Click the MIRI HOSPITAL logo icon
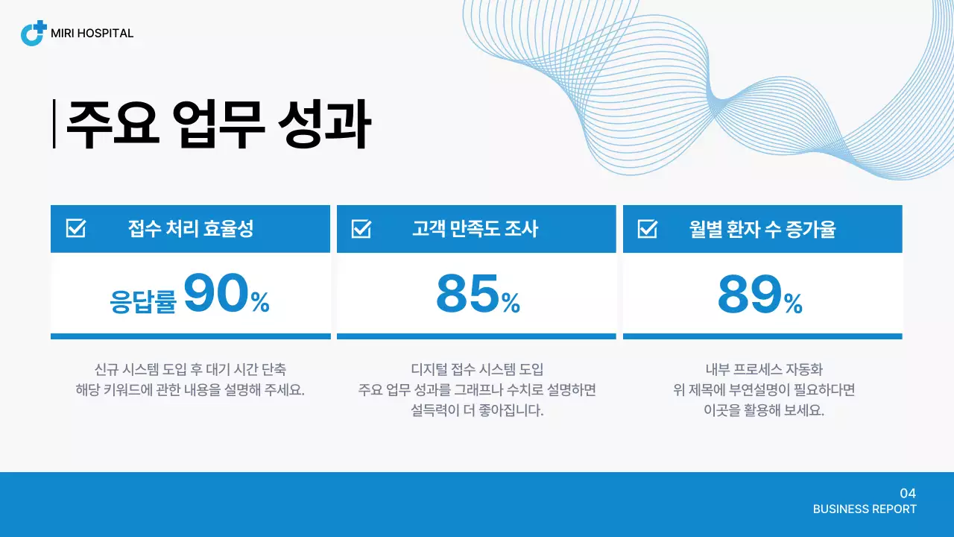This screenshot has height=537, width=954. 34,34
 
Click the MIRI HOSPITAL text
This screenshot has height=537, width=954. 92,34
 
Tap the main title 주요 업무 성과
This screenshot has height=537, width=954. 218,124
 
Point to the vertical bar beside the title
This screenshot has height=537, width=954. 54,124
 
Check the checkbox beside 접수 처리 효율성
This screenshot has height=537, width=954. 76,228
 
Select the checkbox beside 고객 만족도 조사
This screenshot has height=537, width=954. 361,228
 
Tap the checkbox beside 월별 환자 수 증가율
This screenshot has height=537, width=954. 648,228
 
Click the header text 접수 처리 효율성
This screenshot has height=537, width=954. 191,228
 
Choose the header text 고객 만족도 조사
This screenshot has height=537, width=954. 475,228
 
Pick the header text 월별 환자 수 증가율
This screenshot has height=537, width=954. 762,228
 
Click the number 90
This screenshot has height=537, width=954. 215,294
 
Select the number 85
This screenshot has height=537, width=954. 467,294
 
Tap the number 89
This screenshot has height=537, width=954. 750,294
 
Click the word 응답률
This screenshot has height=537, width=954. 143,301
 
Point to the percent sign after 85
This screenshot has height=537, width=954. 511,303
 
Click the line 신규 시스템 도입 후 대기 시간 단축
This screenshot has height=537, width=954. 190,369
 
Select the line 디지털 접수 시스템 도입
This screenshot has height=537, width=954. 477,369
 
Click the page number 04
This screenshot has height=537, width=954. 908,493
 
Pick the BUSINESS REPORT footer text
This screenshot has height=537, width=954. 865,509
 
